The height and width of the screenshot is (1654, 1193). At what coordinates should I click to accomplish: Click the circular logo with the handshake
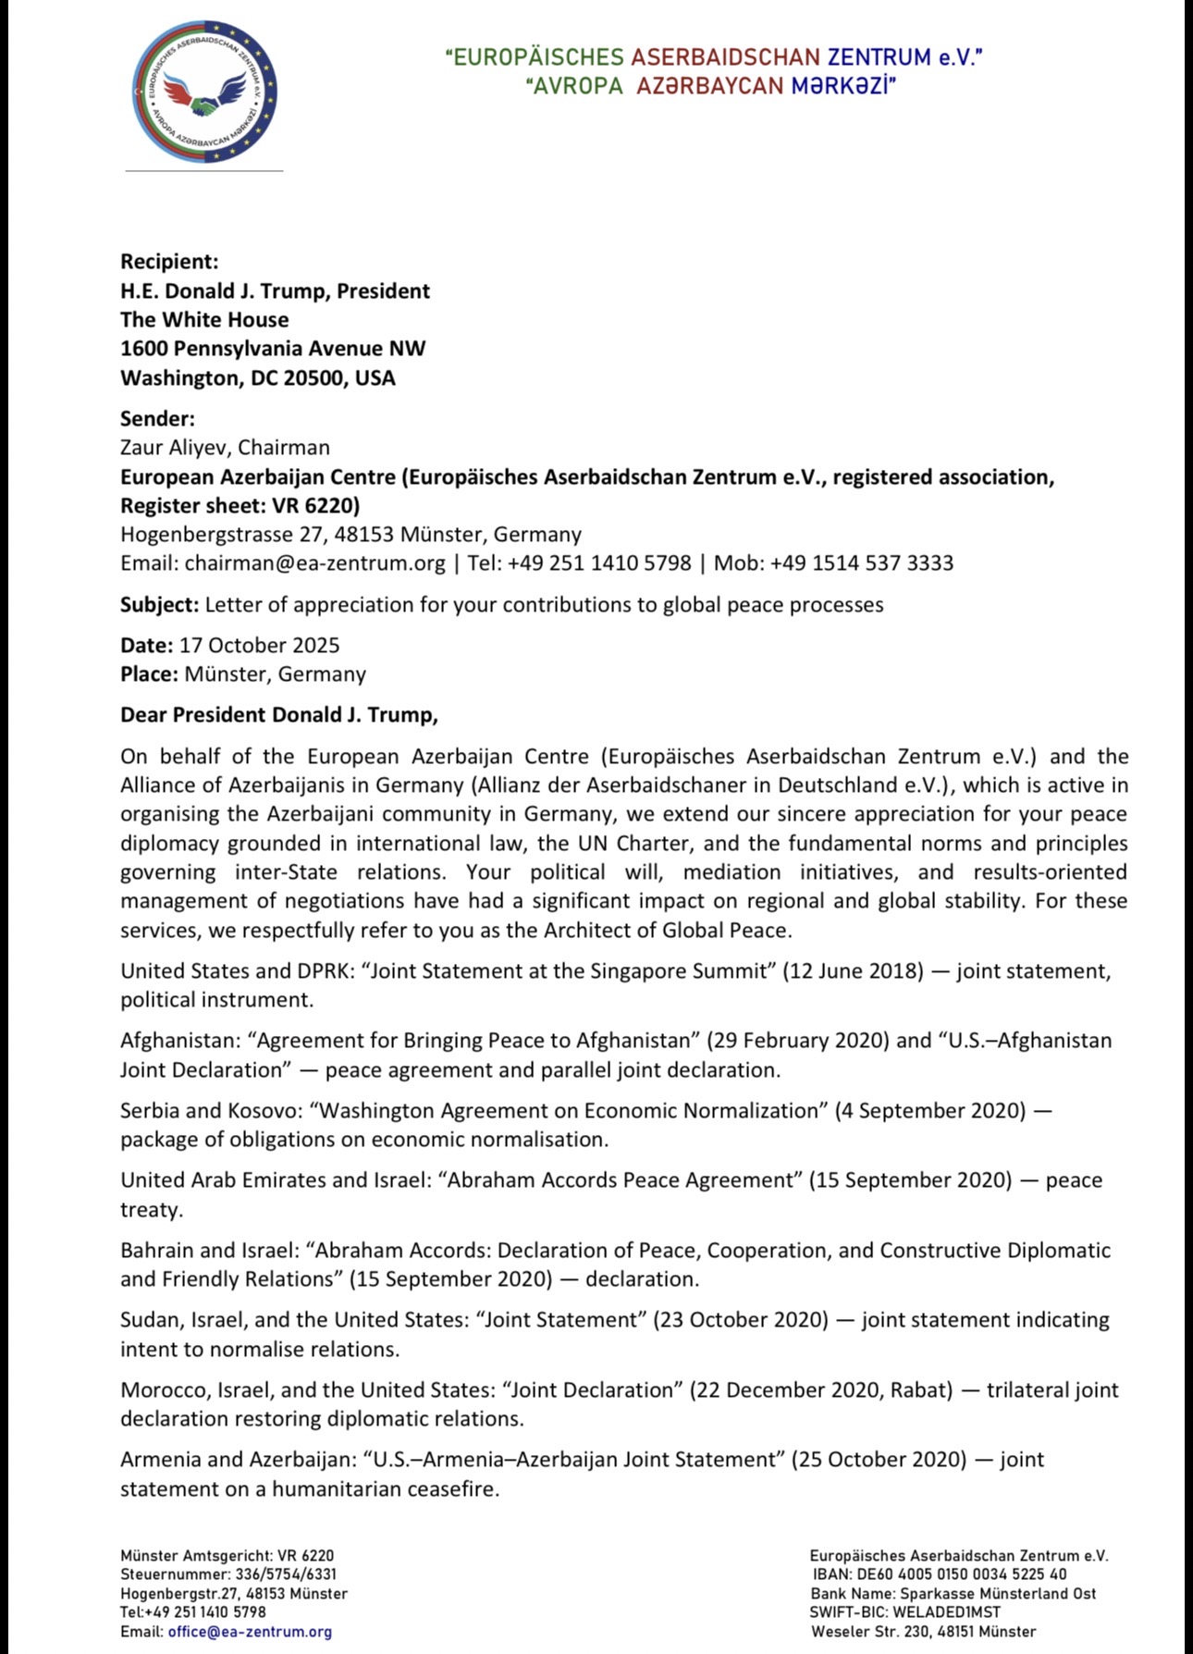(x=204, y=92)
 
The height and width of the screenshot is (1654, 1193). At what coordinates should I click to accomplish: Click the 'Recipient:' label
(x=169, y=262)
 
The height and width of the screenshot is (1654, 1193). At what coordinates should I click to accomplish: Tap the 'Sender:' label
(x=157, y=418)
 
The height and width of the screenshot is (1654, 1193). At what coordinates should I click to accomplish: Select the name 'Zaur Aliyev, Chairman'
(x=225, y=448)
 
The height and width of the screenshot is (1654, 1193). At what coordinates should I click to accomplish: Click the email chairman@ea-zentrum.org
(x=314, y=563)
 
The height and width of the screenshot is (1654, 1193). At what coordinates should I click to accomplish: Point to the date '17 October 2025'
(x=259, y=646)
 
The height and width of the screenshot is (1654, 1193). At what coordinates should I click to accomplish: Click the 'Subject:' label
(x=159, y=605)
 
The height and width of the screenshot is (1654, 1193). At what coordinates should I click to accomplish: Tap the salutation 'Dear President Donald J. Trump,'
(x=278, y=715)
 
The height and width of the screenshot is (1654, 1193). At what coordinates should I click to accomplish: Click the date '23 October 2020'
(x=741, y=1320)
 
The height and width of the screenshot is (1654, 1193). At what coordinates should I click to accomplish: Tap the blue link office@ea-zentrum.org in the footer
(x=250, y=1632)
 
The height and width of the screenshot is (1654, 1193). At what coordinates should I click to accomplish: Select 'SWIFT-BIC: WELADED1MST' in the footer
(x=905, y=1612)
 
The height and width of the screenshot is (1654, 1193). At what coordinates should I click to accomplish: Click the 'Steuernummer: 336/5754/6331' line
(x=228, y=1574)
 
